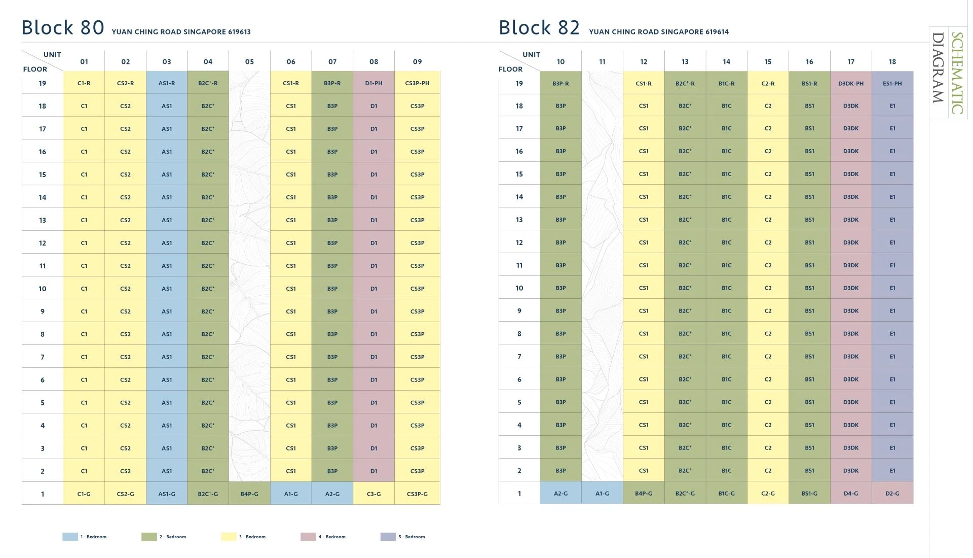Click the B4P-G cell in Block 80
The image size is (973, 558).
249,494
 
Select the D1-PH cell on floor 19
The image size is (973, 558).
373,83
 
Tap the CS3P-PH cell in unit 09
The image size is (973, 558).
417,83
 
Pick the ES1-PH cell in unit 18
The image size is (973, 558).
892,83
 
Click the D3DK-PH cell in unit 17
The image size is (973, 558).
851,83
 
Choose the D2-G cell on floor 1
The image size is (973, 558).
892,493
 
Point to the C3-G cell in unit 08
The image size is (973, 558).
373,494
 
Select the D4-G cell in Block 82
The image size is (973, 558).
851,493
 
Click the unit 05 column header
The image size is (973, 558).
249,62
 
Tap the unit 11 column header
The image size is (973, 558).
602,62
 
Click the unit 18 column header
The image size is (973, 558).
892,62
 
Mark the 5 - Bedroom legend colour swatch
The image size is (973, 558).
388,537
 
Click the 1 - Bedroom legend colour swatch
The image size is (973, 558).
70,537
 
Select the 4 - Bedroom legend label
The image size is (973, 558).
332,537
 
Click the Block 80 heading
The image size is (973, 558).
63,27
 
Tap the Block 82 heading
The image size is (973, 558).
539,27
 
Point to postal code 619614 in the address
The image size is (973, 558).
717,31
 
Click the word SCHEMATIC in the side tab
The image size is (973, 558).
957,73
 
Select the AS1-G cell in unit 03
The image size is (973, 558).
167,494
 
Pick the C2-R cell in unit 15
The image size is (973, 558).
768,83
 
